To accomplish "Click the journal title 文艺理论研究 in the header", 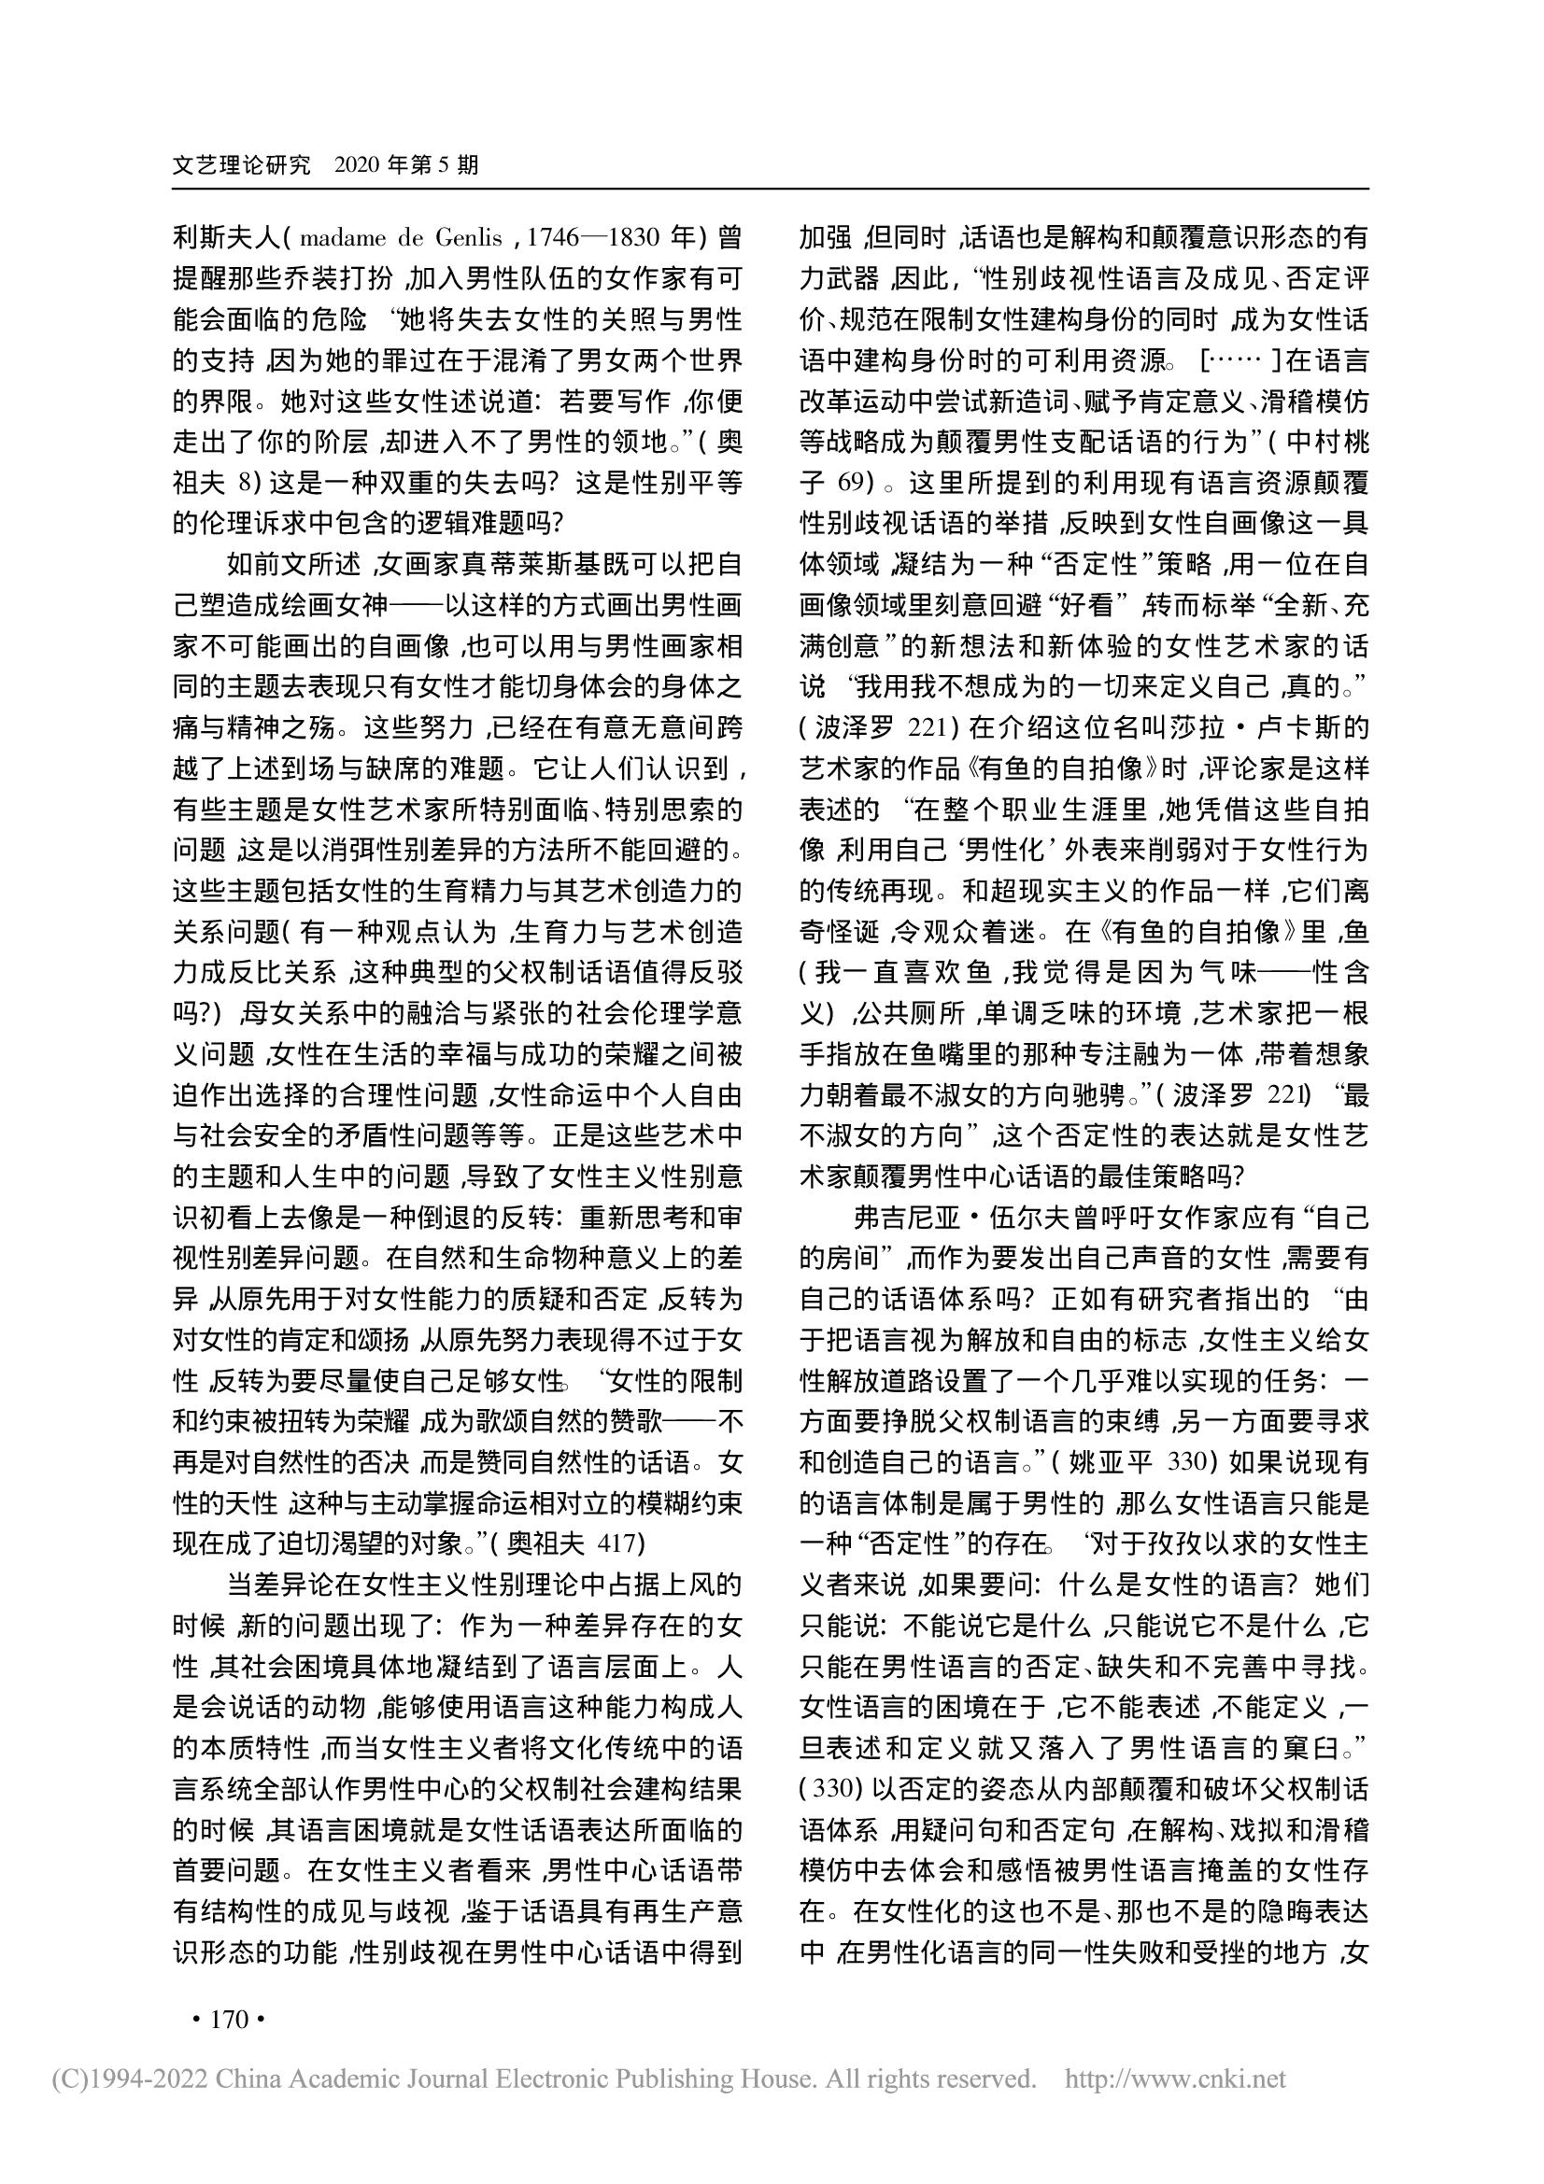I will pyautogui.click(x=242, y=165).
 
